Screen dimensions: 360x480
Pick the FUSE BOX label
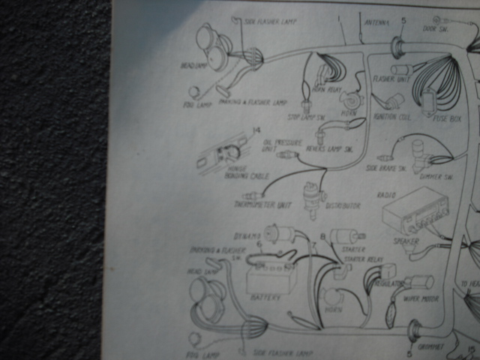point(442,118)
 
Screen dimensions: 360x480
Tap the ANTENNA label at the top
point(377,22)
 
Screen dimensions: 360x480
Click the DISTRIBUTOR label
point(343,205)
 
